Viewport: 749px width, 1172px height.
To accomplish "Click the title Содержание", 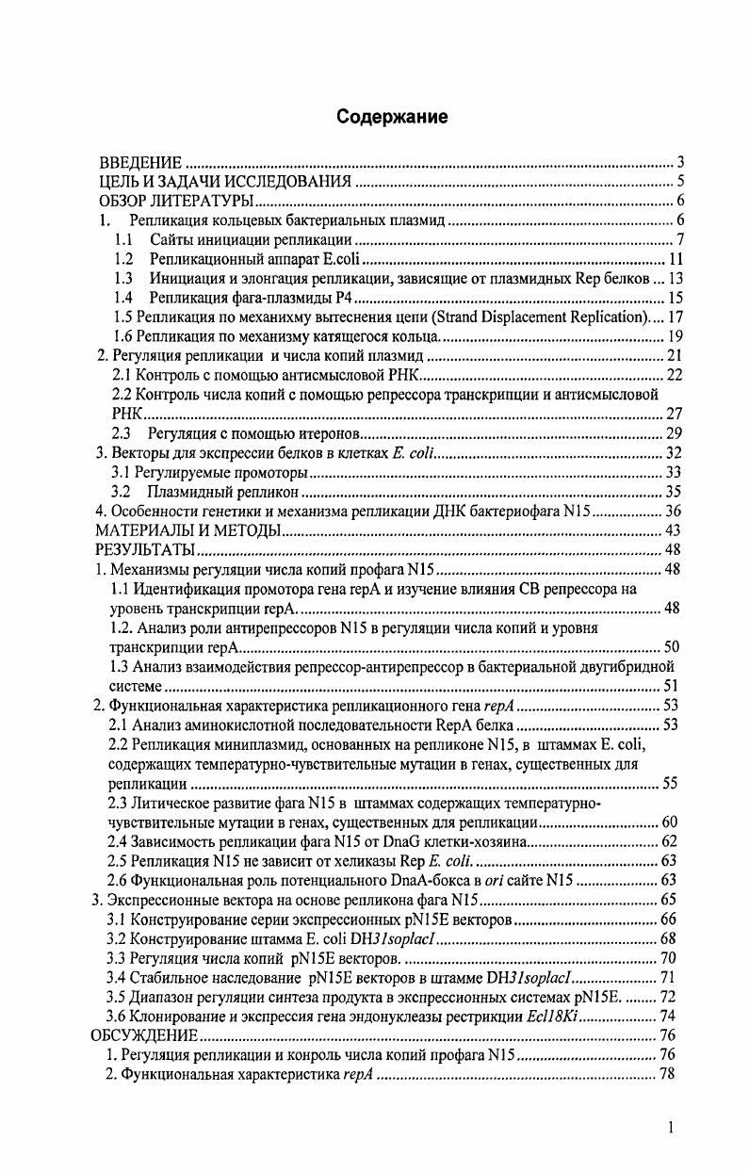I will [x=380, y=117].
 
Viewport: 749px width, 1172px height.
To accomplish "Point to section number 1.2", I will [x=123, y=259].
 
